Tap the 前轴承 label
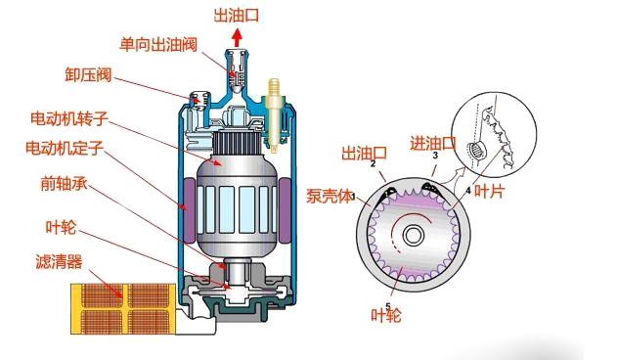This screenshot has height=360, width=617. pyautogui.click(x=65, y=184)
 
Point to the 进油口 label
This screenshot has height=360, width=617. pyautogui.click(x=433, y=144)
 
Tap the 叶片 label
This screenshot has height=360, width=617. pyautogui.click(x=491, y=192)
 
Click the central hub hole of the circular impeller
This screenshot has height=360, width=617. pyautogui.click(x=415, y=235)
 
